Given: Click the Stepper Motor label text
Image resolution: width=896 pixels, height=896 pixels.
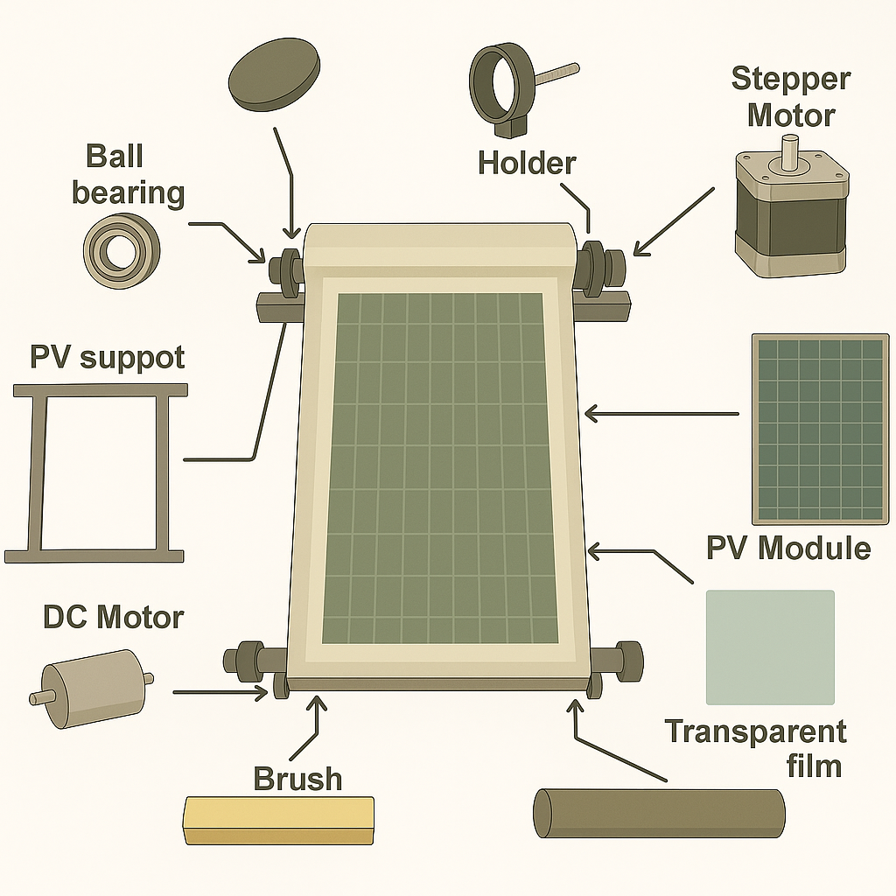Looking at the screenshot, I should pyautogui.click(x=790, y=96).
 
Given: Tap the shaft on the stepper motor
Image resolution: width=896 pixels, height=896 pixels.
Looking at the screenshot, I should pyautogui.click(x=790, y=150).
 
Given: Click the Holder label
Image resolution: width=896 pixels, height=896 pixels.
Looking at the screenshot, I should pyautogui.click(x=527, y=163).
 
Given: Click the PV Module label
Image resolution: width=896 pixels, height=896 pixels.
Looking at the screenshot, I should pyautogui.click(x=788, y=549).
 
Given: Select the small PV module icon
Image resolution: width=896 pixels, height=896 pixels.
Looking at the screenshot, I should pyautogui.click(x=820, y=429).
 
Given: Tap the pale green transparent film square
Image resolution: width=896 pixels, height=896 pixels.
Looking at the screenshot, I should pyautogui.click(x=770, y=647).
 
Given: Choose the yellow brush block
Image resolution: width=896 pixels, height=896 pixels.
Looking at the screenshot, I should pyautogui.click(x=278, y=820).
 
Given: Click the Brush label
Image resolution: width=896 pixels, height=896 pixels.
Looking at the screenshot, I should pyautogui.click(x=297, y=778).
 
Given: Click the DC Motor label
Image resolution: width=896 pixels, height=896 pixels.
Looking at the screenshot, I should pyautogui.click(x=113, y=617).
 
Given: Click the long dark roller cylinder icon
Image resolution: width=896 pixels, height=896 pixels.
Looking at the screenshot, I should pyautogui.click(x=659, y=813).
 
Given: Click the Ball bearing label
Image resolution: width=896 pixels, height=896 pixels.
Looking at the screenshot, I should pyautogui.click(x=128, y=174).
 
